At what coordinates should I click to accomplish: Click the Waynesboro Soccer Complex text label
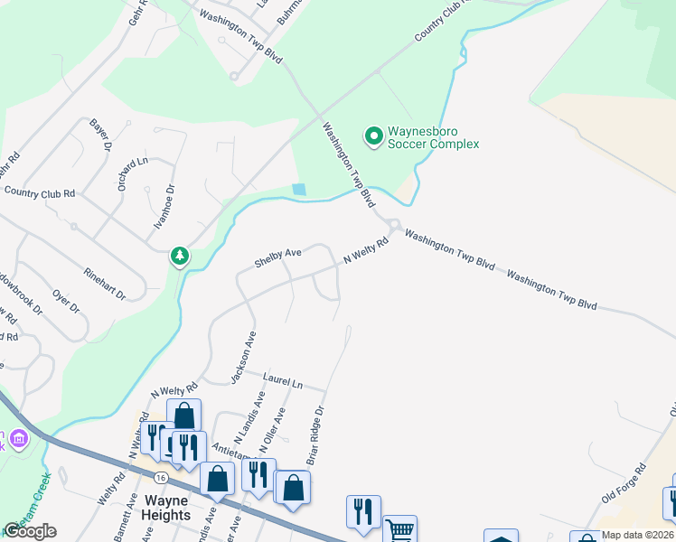click(x=433, y=137)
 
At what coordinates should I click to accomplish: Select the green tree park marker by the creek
click(x=181, y=257)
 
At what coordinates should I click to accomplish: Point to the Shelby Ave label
click(x=277, y=259)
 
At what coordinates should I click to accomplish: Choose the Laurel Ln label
click(x=281, y=380)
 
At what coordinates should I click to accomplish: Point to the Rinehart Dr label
click(x=104, y=282)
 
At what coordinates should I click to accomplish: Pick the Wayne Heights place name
click(x=165, y=508)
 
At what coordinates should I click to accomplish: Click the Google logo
click(x=30, y=531)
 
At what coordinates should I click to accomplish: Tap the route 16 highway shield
click(x=159, y=476)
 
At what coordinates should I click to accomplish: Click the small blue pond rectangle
click(x=299, y=190)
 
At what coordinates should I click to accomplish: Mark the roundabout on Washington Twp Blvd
click(x=394, y=225)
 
